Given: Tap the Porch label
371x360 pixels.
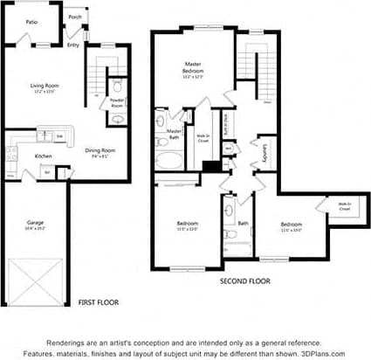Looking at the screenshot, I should (75, 17).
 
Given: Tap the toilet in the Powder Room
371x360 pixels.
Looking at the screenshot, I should (118, 87).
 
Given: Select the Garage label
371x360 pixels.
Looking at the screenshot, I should (35, 224).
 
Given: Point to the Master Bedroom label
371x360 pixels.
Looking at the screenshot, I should (194, 69).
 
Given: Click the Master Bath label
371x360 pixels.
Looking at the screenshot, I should (174, 133).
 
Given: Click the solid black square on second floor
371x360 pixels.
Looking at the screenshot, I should (210, 165).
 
